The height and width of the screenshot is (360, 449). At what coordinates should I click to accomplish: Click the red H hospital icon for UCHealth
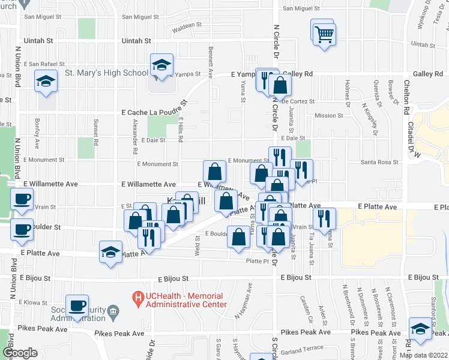[x=139, y=296]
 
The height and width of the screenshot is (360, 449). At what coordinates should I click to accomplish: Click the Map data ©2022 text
[x=423, y=355]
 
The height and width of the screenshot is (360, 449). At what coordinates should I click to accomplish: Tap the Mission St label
[x=328, y=115]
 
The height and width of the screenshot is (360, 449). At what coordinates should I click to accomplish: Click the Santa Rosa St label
[x=379, y=163]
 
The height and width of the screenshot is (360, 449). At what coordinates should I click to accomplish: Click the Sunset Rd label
[x=95, y=132]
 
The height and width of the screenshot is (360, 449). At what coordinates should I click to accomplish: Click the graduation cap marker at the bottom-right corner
[x=420, y=329]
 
